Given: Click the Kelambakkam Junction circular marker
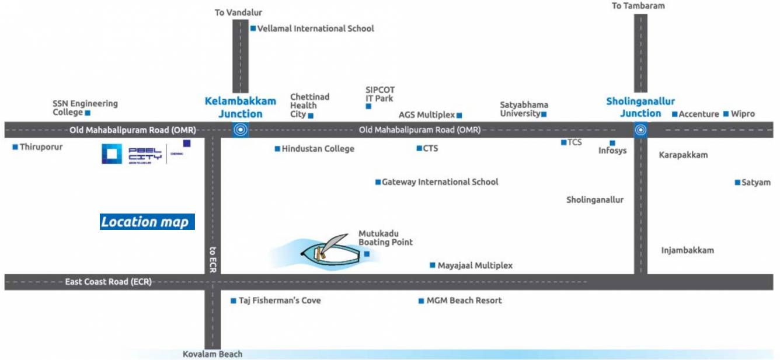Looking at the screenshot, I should [x=240, y=130].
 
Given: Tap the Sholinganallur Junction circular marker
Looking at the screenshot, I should [x=640, y=130].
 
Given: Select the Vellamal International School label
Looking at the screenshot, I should [x=315, y=28].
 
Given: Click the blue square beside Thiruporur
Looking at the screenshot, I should [x=15, y=147].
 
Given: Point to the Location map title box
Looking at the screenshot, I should [x=147, y=222].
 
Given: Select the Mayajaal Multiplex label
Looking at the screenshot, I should [x=475, y=265].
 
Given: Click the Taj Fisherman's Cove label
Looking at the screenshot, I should [x=280, y=300].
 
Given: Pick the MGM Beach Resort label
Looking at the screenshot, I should [x=464, y=300].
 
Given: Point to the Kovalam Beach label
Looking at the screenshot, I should [x=213, y=354].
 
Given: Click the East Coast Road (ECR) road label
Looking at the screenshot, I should [x=108, y=282].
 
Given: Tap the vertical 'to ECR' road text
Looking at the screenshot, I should [x=213, y=258].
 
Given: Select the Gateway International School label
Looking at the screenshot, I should [x=440, y=182].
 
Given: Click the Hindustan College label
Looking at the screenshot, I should [x=318, y=149].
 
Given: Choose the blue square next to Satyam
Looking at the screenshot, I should [x=737, y=183].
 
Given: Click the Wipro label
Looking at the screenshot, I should [x=743, y=114].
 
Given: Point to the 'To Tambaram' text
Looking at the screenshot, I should [x=638, y=6].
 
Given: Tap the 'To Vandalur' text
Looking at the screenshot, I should [x=238, y=12].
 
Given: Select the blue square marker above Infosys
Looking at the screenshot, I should [x=612, y=142].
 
